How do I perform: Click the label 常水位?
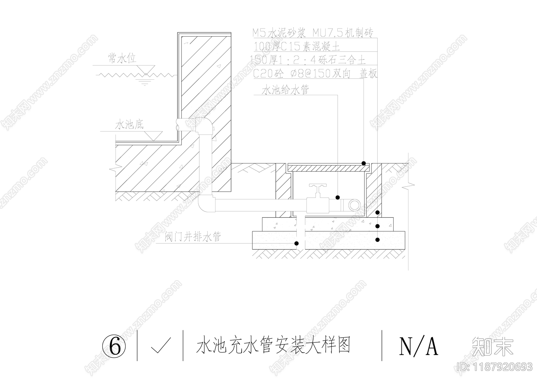click(x=122, y=59)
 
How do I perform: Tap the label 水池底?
click(x=130, y=125)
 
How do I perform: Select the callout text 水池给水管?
click(x=285, y=90)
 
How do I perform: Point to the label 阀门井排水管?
click(x=193, y=237)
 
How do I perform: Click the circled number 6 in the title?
click(x=114, y=346)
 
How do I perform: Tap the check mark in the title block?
click(x=160, y=346)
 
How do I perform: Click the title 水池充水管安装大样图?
click(x=273, y=346)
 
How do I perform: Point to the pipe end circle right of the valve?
click(x=354, y=204)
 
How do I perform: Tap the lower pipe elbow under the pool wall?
click(x=206, y=203)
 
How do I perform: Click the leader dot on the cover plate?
click(x=363, y=163)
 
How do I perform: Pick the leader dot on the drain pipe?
click(x=296, y=243)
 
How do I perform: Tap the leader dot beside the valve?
click(x=338, y=197)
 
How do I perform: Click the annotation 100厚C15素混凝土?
click(x=297, y=46)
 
